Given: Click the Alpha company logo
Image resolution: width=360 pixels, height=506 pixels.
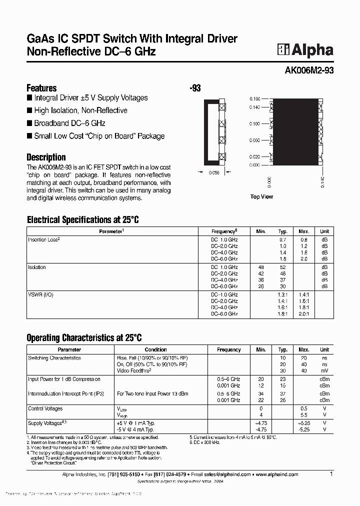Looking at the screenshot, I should (305, 49).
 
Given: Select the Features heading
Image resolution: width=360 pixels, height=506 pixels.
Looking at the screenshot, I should (41, 87).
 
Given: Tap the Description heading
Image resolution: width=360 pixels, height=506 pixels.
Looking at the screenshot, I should (46, 157).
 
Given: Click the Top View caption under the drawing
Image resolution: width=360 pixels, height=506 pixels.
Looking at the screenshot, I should (261, 197).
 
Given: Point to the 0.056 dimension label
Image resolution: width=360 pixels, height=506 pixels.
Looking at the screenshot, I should (214, 173).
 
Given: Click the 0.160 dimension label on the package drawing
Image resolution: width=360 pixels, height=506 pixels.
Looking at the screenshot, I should (254, 99).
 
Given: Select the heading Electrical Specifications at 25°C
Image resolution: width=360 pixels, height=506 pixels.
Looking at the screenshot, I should (82, 219).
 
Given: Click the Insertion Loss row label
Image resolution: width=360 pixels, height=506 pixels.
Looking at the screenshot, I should (44, 239).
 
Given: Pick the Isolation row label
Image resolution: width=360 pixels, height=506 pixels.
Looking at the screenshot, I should (37, 267).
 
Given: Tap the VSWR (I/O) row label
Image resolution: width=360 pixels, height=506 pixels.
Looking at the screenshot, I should (40, 294).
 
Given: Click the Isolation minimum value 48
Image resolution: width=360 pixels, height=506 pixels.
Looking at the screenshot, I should (260, 267).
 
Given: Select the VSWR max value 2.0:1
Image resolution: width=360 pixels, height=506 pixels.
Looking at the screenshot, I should (303, 314).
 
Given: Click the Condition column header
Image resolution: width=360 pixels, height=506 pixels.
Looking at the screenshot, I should (156, 350).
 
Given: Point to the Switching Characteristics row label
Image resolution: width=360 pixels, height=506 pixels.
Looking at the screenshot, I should (54, 358).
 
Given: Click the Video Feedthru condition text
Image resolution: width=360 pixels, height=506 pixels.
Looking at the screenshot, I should (134, 370).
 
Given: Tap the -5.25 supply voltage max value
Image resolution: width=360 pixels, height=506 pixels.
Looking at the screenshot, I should (303, 429).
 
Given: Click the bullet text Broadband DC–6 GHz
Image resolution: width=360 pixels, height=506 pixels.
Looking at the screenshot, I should (69, 123).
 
